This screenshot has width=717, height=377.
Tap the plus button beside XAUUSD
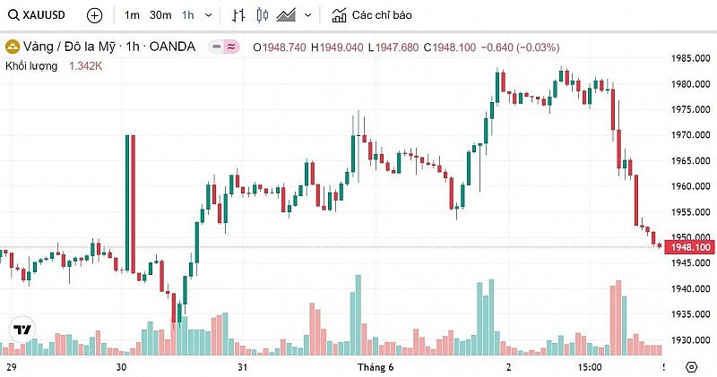(x=95, y=15)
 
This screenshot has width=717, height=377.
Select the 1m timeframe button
(x=132, y=15)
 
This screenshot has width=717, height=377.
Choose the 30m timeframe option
(x=160, y=15)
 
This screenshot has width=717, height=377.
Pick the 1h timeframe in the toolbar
(x=187, y=15)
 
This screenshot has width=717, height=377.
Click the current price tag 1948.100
(x=689, y=247)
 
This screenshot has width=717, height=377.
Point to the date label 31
(x=242, y=367)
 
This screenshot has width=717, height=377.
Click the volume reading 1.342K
(x=86, y=65)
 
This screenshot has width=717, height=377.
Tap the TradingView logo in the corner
(x=22, y=330)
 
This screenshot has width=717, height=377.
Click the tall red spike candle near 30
(x=133, y=201)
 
